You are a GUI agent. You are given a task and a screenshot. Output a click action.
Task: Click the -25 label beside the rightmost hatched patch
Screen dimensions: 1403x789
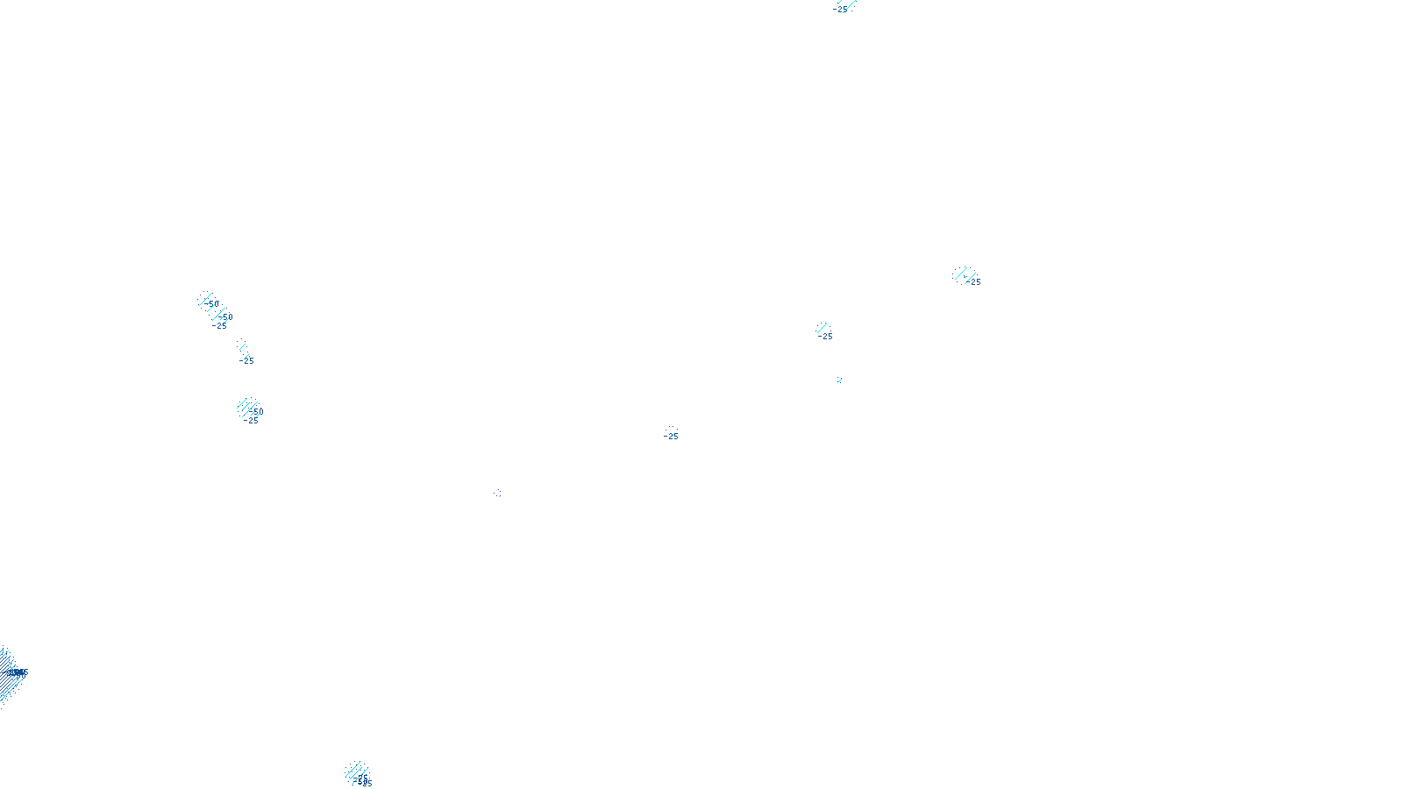975,282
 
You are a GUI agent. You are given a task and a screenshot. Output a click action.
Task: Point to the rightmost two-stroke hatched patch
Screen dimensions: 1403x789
963,274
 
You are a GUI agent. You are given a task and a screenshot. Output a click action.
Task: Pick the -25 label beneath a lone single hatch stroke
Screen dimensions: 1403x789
826,337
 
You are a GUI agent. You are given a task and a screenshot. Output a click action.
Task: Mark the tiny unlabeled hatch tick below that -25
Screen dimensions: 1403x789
839,380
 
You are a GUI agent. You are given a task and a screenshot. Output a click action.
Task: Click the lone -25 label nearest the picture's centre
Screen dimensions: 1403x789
672,436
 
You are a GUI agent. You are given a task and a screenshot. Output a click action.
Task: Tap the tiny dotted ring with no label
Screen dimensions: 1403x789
499,493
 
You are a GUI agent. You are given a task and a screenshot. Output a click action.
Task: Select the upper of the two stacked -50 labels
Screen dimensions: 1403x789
212,304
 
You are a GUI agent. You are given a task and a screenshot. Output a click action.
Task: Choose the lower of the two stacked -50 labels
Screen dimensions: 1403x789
226,317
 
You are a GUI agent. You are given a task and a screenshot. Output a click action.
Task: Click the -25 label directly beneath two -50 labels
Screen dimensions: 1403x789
220,326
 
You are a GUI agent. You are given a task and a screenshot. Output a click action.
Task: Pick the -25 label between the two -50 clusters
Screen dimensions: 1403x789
247,360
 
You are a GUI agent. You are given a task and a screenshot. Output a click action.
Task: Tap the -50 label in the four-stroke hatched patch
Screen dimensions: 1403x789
256,411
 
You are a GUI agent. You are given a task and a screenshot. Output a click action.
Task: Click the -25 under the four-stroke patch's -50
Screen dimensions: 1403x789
252,421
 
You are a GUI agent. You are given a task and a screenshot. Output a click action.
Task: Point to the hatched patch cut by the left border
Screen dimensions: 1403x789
7,673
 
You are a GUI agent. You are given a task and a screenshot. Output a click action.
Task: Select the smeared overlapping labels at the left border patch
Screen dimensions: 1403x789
17,672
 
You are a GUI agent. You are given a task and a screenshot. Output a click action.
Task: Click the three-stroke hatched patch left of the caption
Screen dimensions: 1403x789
356,771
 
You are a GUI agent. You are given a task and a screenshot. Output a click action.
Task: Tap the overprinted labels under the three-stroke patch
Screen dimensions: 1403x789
364,781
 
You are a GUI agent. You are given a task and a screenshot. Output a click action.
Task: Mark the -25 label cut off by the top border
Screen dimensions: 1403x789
840,9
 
